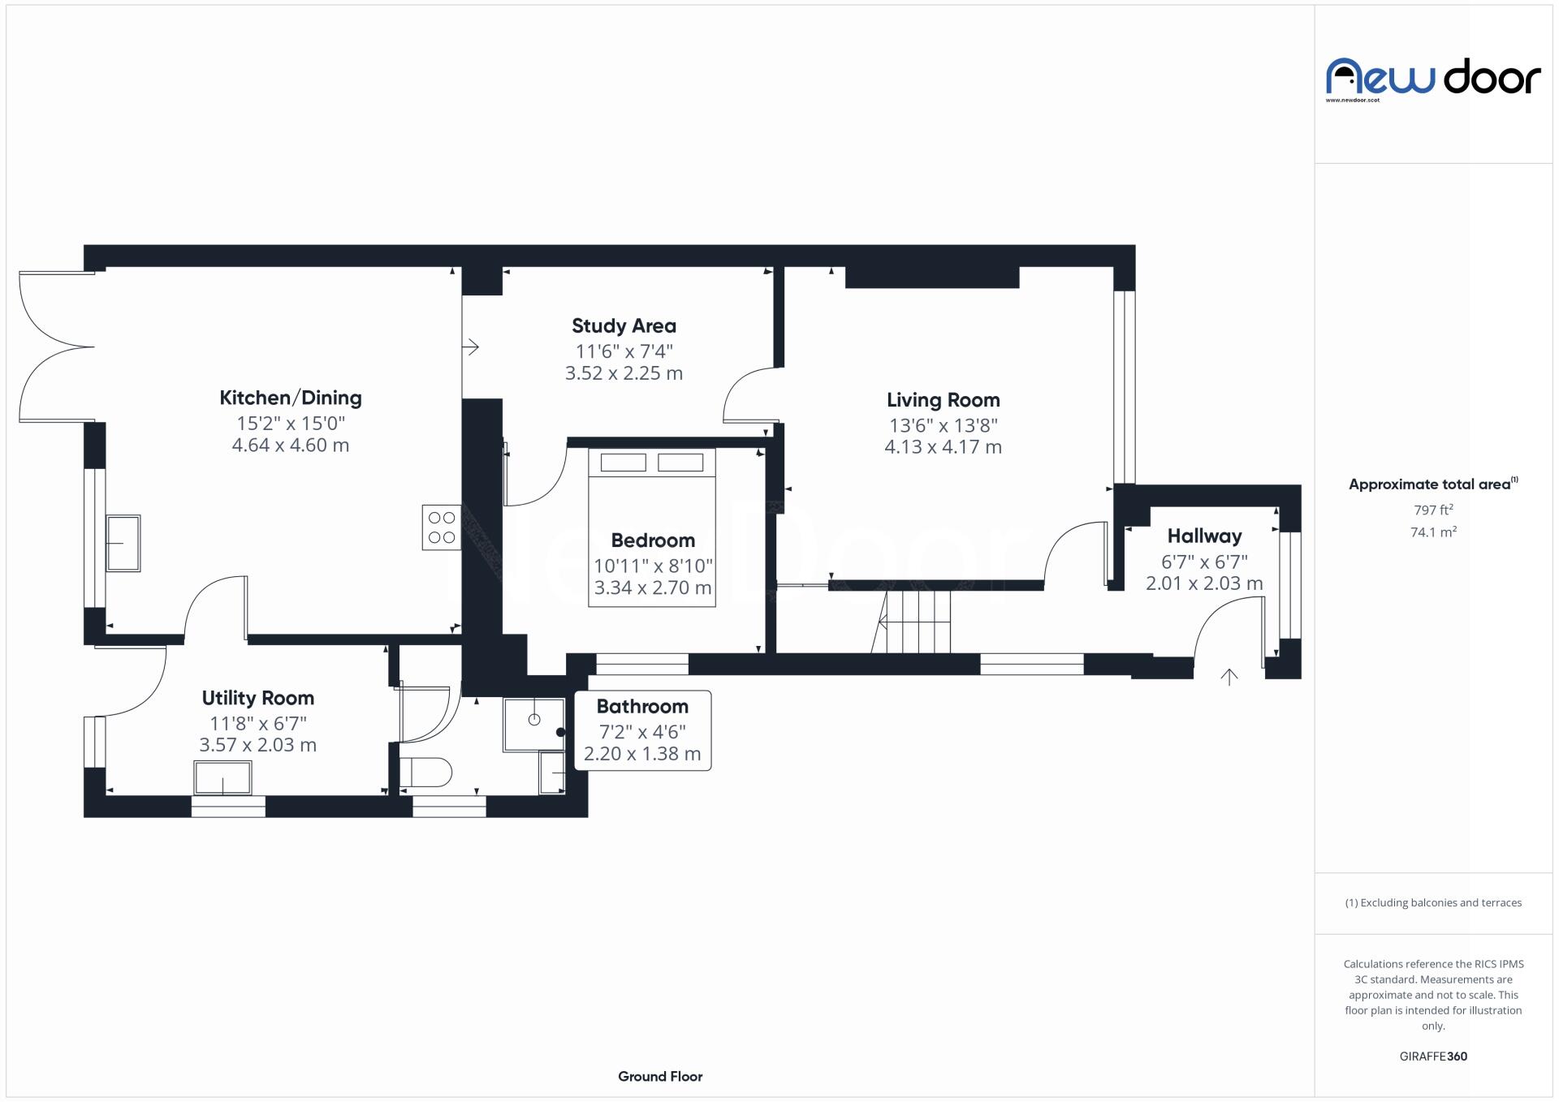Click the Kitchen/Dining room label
291,398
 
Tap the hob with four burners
441,527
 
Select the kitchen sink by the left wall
123,543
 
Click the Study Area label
624,326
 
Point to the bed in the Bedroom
652,527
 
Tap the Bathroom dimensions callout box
642,730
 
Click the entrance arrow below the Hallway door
1229,677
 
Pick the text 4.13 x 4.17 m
943,447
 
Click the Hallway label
1204,536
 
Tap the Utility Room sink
222,778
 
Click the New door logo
1433,79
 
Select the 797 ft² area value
1433,510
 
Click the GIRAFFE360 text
1433,1057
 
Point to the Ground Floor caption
660,1077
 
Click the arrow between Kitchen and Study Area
471,347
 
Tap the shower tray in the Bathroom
533,724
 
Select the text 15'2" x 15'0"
291,424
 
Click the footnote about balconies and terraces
1433,903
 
